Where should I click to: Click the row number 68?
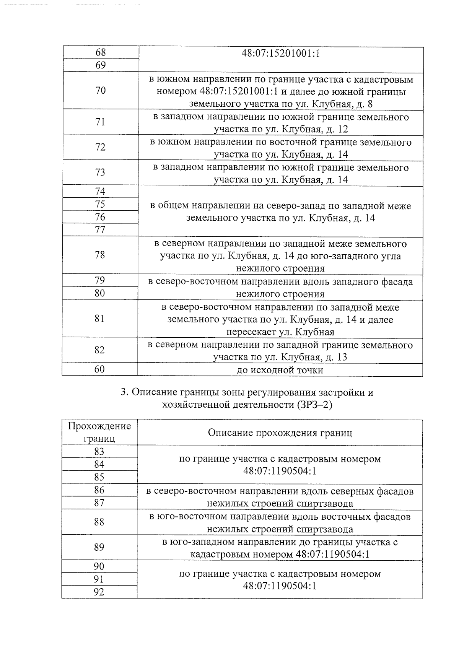100,52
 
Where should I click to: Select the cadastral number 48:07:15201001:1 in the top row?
280,54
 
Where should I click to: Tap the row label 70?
100,91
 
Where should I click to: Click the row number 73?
100,172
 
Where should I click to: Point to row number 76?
100,217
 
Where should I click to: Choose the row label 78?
100,255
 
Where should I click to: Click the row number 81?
100,318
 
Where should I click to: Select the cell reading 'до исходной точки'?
280,370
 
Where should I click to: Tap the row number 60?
99,369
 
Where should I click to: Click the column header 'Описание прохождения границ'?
280,433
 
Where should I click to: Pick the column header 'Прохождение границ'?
99,432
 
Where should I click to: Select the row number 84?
99,464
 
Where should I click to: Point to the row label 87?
99,503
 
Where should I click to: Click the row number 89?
99,547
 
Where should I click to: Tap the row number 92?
99,592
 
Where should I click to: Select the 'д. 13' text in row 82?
337,357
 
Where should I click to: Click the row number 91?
99,579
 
